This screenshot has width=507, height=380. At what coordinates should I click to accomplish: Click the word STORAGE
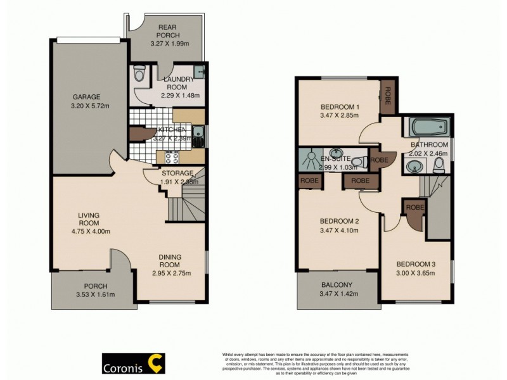click(177, 173)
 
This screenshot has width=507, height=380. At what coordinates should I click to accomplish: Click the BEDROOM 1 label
click(340, 106)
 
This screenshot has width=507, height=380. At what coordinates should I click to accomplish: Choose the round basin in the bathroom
click(414, 166)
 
